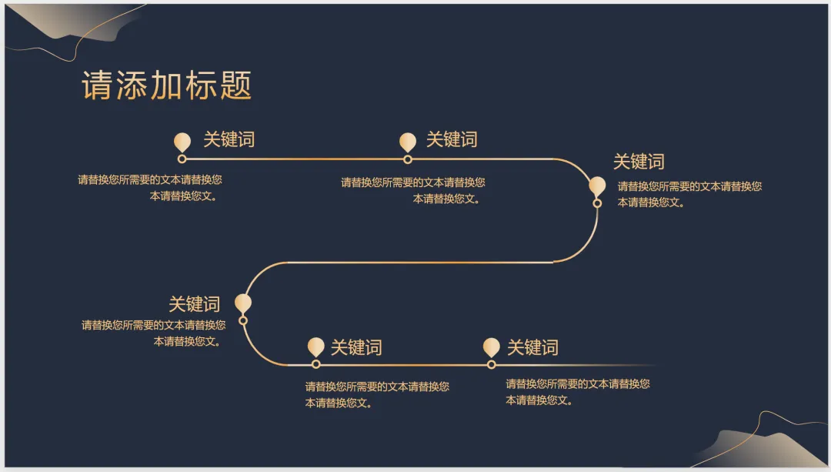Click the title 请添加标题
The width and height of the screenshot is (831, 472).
[167, 86]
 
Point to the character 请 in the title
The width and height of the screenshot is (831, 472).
[98, 86]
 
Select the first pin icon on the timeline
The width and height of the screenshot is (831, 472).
[182, 142]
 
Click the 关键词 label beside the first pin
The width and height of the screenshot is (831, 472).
[229, 139]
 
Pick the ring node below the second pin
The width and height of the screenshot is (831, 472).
[408, 159]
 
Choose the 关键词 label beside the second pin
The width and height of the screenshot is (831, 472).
[452, 139]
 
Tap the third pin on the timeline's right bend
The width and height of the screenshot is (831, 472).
[597, 186]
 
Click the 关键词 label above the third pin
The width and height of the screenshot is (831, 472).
[639, 162]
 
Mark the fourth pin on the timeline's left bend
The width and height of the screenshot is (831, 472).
[243, 303]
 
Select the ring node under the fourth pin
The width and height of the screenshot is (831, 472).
[243, 320]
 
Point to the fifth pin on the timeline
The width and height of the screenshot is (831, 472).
[315, 346]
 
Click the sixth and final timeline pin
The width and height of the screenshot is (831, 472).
[491, 346]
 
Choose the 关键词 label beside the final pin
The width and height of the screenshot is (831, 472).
[532, 347]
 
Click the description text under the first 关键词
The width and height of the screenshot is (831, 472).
[150, 188]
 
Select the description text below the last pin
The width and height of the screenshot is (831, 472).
[577, 392]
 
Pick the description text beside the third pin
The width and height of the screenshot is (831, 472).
[689, 194]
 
